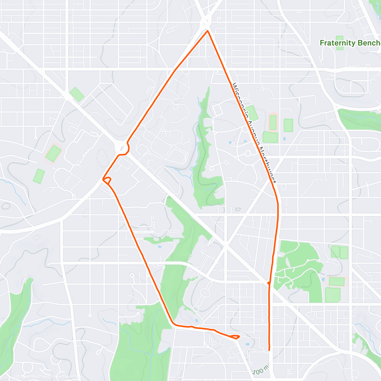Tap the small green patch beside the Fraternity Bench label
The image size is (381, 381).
(x=339, y=43)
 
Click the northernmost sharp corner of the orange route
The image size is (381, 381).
(x=207, y=31)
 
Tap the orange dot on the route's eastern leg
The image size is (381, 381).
(x=269, y=283)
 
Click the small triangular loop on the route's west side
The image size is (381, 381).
(x=107, y=180)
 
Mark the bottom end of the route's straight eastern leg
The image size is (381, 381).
(x=269, y=350)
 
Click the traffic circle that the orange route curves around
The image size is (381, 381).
(x=121, y=147)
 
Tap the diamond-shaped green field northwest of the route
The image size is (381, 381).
(x=77, y=94)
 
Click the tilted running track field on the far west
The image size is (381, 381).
(x=53, y=154)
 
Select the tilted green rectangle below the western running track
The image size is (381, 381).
(x=39, y=176)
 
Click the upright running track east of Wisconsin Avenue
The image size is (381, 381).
(x=273, y=123)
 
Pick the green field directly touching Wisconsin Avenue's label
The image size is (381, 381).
(x=252, y=113)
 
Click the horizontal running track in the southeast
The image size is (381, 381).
(x=337, y=281)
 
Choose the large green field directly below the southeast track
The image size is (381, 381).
(x=332, y=295)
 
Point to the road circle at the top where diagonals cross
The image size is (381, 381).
(x=206, y=22)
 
